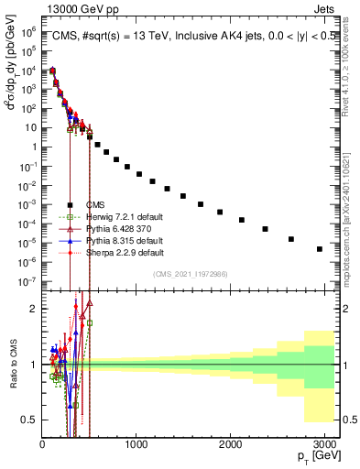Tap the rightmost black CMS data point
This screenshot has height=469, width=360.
point(320,249)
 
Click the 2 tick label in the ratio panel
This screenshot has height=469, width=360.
point(34,309)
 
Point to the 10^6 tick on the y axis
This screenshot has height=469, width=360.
point(30,31)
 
